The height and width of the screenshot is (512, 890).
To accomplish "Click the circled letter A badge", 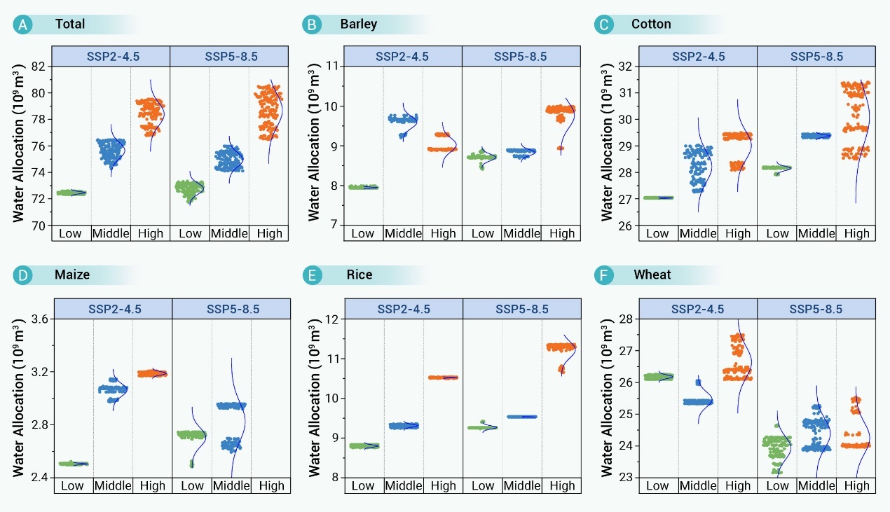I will pos(23,25).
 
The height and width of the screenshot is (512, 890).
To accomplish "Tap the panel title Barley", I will pos(358,25).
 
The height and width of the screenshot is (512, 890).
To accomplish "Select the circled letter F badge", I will pos(604,275).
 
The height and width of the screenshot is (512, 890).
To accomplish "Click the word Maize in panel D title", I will pos(72,275).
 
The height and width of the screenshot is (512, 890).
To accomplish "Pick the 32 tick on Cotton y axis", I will pos(624,67).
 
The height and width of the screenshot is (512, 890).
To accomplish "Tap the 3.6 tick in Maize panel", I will pos(39,319).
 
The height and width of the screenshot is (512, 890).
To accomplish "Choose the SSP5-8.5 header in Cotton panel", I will pos(816,57).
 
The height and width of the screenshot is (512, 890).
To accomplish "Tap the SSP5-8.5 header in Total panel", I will pos(229,57).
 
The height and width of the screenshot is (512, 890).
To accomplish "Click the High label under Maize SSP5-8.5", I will pos(270,485).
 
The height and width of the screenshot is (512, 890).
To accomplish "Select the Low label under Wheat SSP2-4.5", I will pos(657,485).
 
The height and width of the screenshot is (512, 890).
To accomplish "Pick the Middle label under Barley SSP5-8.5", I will pos(522,233).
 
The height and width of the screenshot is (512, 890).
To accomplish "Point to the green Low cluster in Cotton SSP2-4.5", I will pos(658,198).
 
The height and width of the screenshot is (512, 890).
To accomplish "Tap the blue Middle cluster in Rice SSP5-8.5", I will pos(521,417).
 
